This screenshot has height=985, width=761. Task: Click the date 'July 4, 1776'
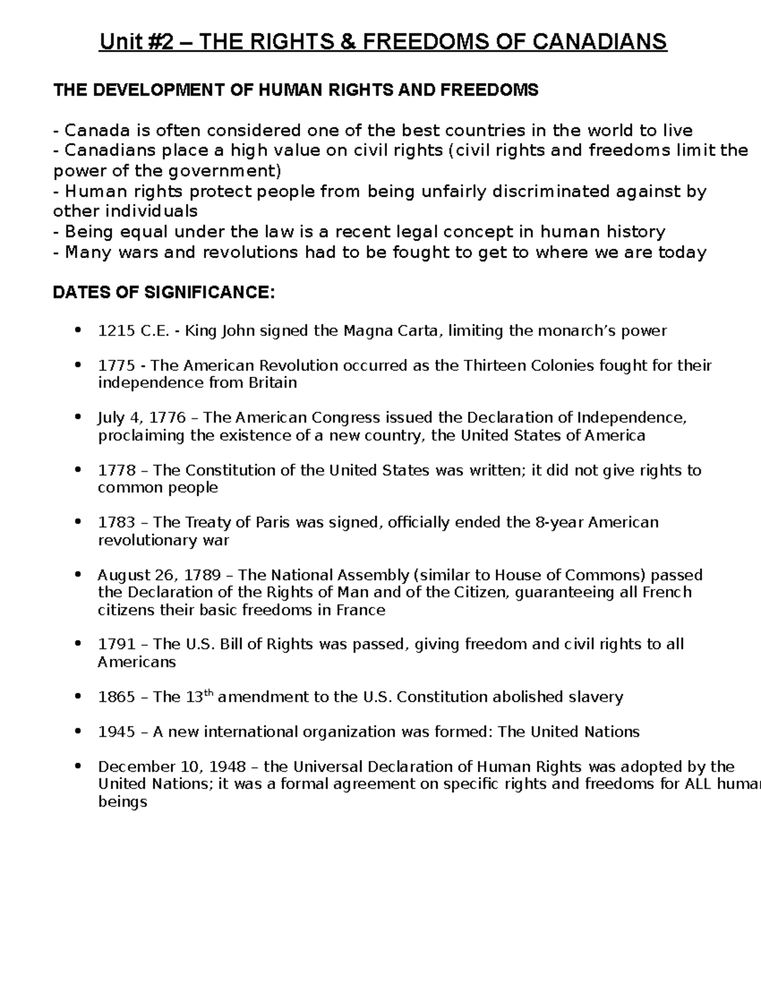pyautogui.click(x=141, y=418)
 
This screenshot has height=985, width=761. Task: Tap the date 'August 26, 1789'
pyautogui.click(x=159, y=575)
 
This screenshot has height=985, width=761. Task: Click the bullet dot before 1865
pyautogui.click(x=78, y=696)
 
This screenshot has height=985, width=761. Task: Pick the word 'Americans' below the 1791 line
pyautogui.click(x=136, y=662)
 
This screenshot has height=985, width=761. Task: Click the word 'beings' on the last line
pyautogui.click(x=122, y=802)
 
